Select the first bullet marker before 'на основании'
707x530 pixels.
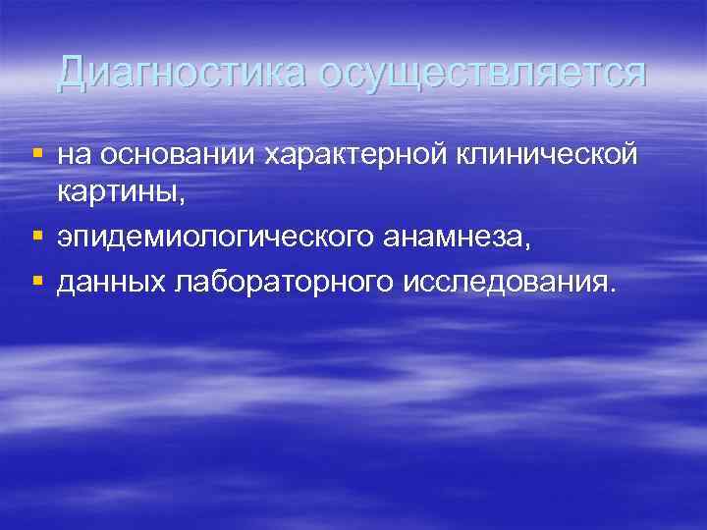[x=37, y=153]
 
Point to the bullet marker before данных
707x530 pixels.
[x=37, y=281]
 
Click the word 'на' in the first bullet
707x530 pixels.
[x=74, y=155]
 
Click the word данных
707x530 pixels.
[x=111, y=283]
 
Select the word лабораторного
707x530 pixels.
[x=283, y=283]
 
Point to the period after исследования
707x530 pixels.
[x=615, y=291]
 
